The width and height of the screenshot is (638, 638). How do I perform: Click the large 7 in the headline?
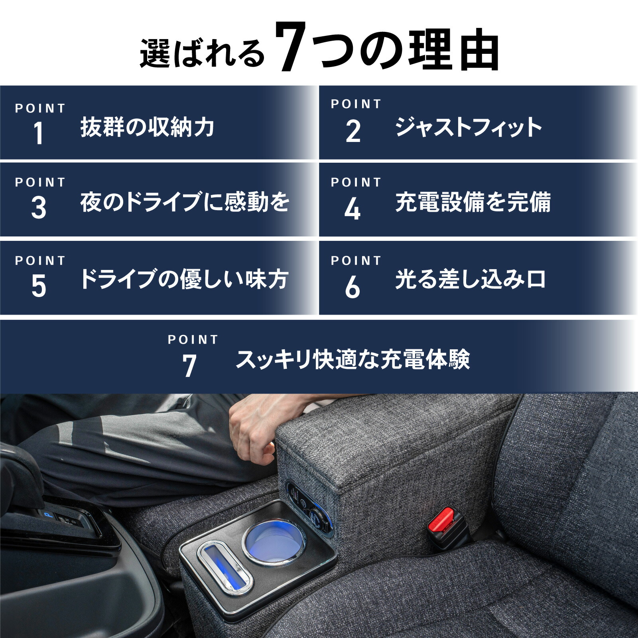pyautogui.click(x=290, y=47)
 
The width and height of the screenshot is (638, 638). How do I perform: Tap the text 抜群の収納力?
pyautogui.click(x=147, y=127)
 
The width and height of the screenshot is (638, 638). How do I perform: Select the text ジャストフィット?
pyautogui.click(x=468, y=127)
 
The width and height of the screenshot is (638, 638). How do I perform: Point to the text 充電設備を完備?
pyautogui.click(x=473, y=202)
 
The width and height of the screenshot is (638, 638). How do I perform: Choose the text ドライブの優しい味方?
pyautogui.click(x=183, y=279)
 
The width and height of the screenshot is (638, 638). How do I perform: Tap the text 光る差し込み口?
pyautogui.click(x=471, y=279)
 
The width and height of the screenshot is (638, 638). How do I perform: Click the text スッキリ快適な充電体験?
pyautogui.click(x=352, y=359)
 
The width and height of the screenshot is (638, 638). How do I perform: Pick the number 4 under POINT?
pyautogui.click(x=352, y=209)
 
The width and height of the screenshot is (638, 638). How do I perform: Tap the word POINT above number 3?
pyautogui.click(x=40, y=183)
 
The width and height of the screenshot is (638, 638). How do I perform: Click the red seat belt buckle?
pyautogui.click(x=442, y=523)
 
